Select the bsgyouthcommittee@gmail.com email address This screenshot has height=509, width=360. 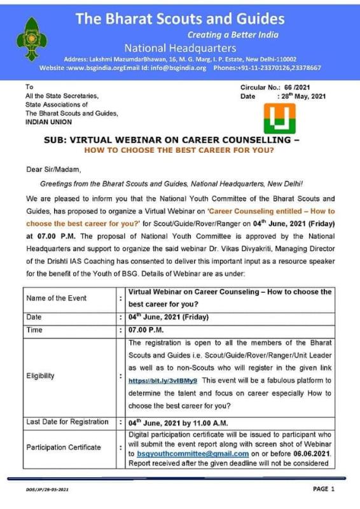(191, 454)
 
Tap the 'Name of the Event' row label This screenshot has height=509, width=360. (56, 297)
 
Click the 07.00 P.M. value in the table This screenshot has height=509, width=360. (147, 331)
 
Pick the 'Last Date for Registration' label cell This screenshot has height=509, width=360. (67, 422)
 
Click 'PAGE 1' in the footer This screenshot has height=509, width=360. (323, 489)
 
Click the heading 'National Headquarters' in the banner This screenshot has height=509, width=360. (180, 48)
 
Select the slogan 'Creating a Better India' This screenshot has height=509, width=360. (233, 34)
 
